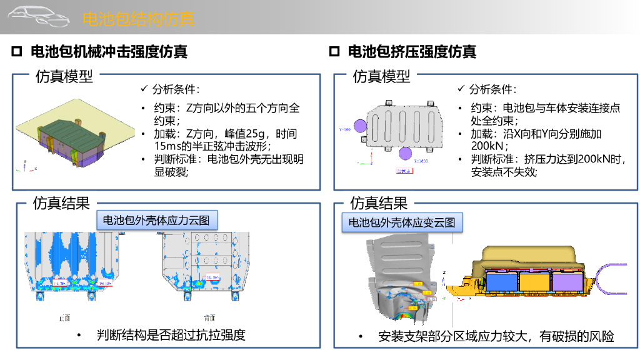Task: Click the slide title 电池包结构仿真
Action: pyautogui.click(x=138, y=19)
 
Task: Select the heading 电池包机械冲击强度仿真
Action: pyautogui.click(x=109, y=52)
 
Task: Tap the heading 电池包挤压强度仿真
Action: pyautogui.click(x=412, y=52)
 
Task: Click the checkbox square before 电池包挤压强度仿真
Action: pyautogui.click(x=334, y=51)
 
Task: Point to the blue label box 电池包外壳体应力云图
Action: pyautogui.click(x=160, y=220)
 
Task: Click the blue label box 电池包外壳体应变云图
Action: pyautogui.click(x=401, y=222)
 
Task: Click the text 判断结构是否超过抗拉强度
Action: pyautogui.click(x=171, y=335)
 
